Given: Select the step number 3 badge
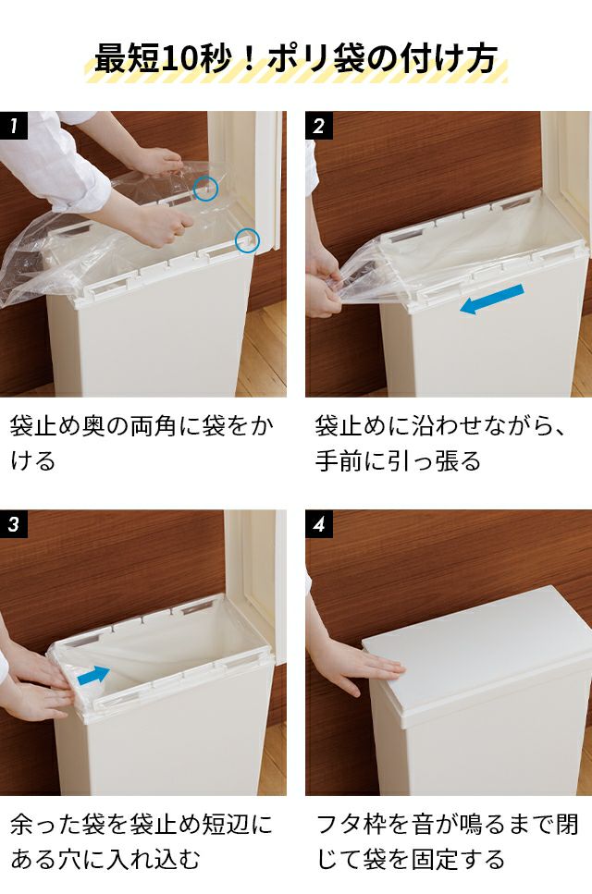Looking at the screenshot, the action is tap(14, 524).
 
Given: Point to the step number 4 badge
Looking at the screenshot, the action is tap(319, 524).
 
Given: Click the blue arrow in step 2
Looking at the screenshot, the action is tap(491, 300).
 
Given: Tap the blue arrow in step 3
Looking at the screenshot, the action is tap(93, 675).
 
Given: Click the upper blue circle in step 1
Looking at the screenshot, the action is tap(205, 189).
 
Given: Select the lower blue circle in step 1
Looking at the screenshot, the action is tap(247, 240).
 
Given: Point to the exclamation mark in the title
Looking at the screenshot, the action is tap(248, 59).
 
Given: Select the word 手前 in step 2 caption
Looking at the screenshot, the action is tap(339, 461).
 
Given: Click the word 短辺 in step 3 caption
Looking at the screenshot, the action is tap(227, 825).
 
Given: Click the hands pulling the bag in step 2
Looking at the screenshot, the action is tap(325, 285).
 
